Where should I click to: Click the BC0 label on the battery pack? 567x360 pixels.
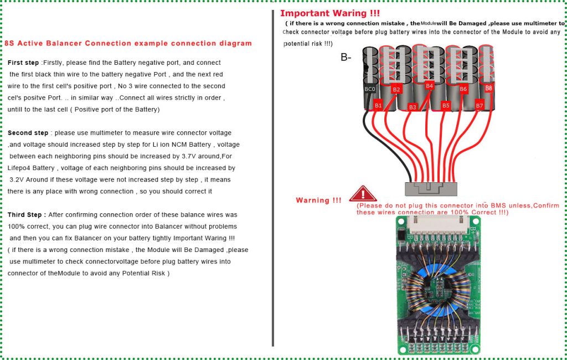click(369, 89)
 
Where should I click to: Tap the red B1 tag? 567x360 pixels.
click(379, 105)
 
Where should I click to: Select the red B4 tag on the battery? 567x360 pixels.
click(429, 86)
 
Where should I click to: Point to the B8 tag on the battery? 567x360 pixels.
click(488, 88)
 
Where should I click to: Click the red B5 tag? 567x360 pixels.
click(446, 105)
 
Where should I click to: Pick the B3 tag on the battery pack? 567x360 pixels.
click(413, 107)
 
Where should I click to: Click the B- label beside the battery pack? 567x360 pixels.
click(346, 56)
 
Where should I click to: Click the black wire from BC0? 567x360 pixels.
click(365, 138)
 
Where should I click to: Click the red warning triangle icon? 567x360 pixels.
click(363, 194)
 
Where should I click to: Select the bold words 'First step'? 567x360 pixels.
click(23, 63)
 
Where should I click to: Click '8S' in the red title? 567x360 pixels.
click(9, 43)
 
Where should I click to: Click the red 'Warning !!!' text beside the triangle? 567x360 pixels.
click(318, 200)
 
